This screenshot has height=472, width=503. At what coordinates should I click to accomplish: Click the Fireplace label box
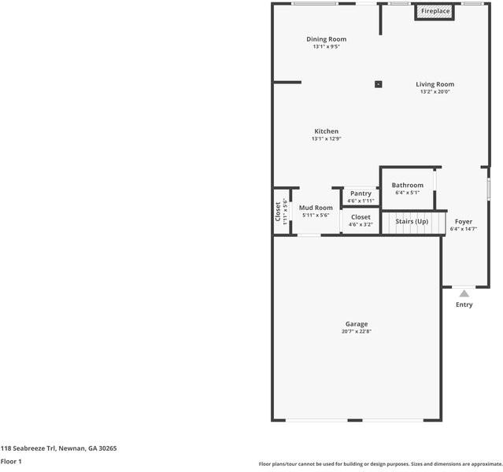435,12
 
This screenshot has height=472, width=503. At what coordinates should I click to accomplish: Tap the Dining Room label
326,39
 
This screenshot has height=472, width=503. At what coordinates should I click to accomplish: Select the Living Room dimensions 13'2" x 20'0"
435,92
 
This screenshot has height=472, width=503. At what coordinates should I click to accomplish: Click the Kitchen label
326,131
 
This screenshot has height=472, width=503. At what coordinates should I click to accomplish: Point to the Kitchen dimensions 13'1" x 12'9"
326,139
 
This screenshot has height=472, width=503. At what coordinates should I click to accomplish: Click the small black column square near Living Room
379,83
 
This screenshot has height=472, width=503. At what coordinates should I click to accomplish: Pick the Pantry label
361,194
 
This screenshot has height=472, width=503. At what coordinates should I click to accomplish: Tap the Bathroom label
408,186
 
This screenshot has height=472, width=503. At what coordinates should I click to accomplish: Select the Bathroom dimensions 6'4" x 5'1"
408,193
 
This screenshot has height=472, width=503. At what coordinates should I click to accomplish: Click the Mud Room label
316,208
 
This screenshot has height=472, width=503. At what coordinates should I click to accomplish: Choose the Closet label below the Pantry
361,217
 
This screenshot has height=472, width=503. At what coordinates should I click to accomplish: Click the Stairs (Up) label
412,222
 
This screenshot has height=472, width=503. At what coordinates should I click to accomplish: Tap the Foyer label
464,222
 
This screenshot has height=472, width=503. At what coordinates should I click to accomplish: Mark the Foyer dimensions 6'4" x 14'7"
464,230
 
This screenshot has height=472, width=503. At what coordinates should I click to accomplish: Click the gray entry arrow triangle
464,293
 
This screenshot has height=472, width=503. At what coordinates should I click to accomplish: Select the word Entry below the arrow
464,305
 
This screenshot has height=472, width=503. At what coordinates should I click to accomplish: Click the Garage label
357,324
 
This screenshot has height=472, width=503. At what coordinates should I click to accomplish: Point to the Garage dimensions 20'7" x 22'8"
357,332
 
